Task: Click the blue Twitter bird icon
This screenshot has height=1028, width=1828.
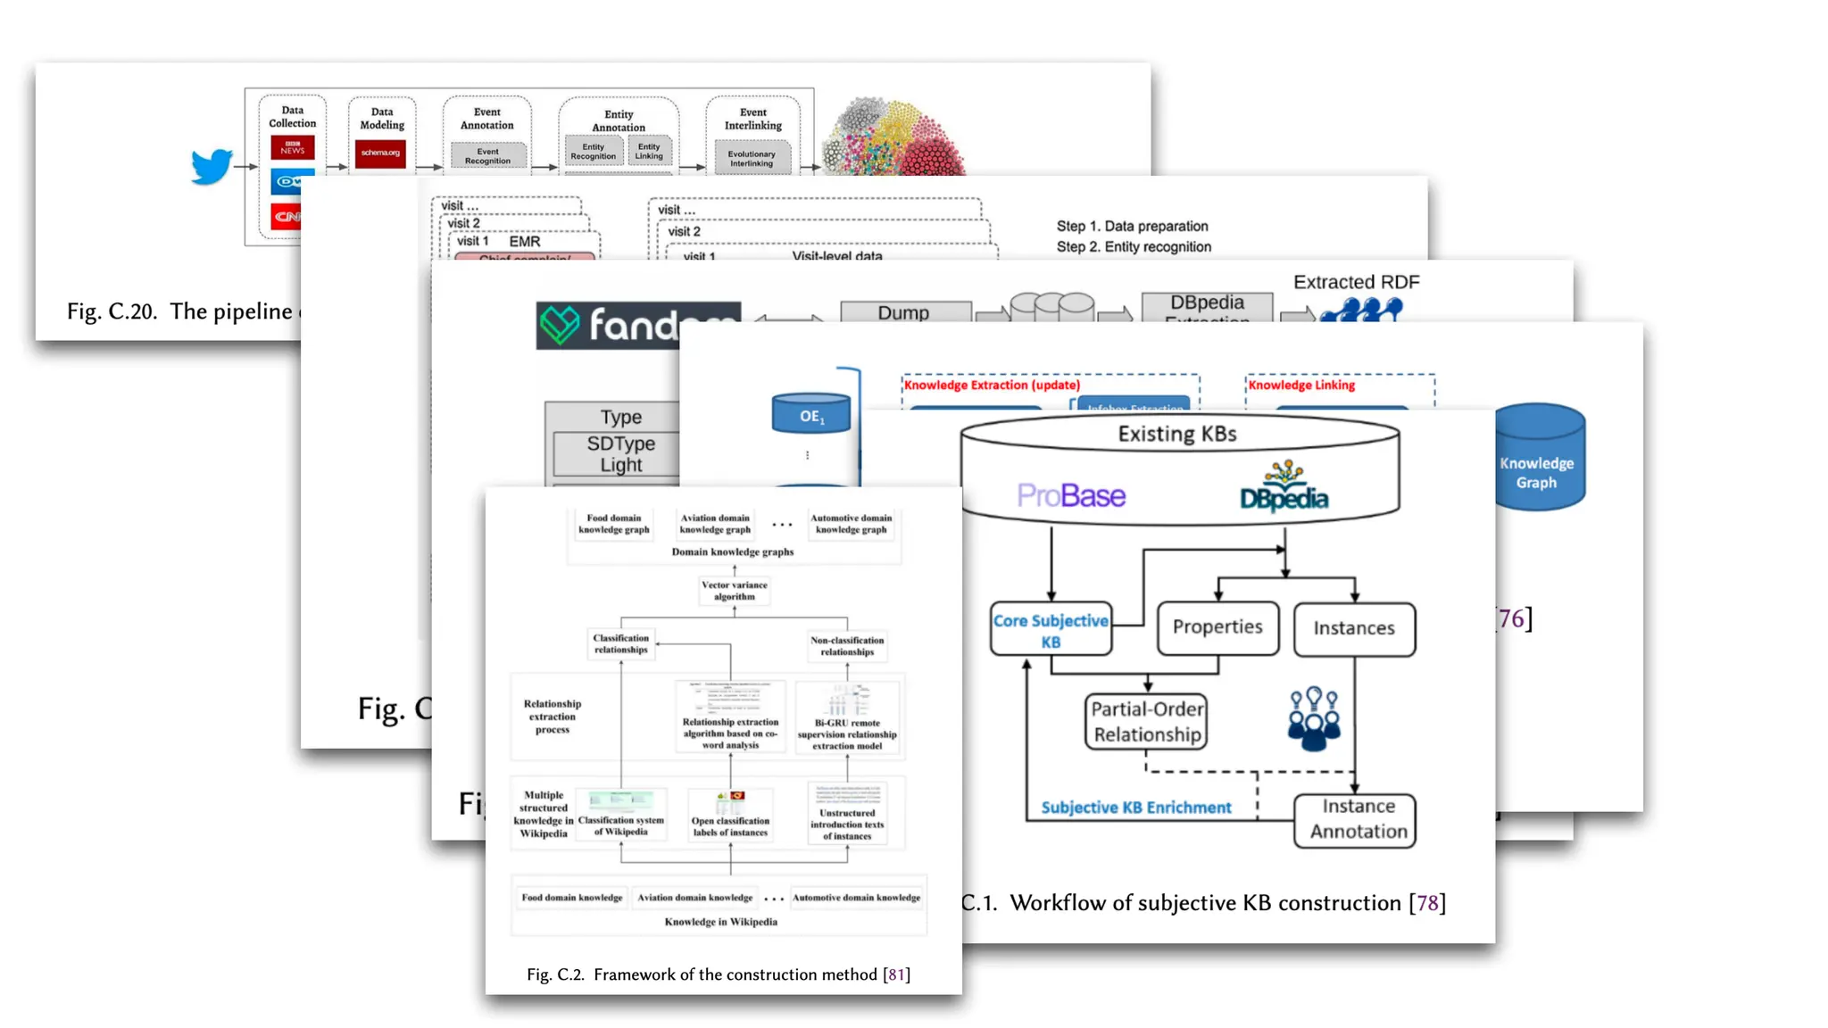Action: pyautogui.click(x=212, y=166)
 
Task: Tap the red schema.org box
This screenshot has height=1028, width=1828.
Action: pyautogui.click(x=381, y=153)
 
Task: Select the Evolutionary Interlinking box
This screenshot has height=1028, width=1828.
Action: pyautogui.click(x=752, y=158)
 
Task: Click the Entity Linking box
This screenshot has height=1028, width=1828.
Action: pyautogui.click(x=649, y=151)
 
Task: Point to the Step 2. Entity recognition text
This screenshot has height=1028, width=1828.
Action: pyautogui.click(x=1134, y=247)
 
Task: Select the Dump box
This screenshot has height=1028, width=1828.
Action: pyautogui.click(x=904, y=312)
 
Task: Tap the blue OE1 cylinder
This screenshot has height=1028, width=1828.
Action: pyautogui.click(x=811, y=414)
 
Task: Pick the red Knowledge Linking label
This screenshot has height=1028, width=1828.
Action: pyautogui.click(x=1301, y=385)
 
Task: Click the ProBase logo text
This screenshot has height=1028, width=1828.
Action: pyautogui.click(x=1071, y=495)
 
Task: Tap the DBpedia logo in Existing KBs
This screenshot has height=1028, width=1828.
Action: pyautogui.click(x=1284, y=489)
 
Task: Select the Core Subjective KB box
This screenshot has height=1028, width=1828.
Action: pyautogui.click(x=1051, y=630)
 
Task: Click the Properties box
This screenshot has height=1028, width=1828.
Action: pyautogui.click(x=1217, y=627)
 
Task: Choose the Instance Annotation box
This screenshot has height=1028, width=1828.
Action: pyautogui.click(x=1357, y=819)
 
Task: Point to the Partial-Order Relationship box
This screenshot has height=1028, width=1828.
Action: pyautogui.click(x=1147, y=722)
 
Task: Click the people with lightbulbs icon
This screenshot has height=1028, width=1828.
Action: pyautogui.click(x=1314, y=718)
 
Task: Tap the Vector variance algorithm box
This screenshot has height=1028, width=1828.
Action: pyautogui.click(x=734, y=591)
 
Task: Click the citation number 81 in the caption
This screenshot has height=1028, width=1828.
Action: pyautogui.click(x=896, y=974)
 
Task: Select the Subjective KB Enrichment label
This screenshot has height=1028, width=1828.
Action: pyautogui.click(x=1135, y=808)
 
